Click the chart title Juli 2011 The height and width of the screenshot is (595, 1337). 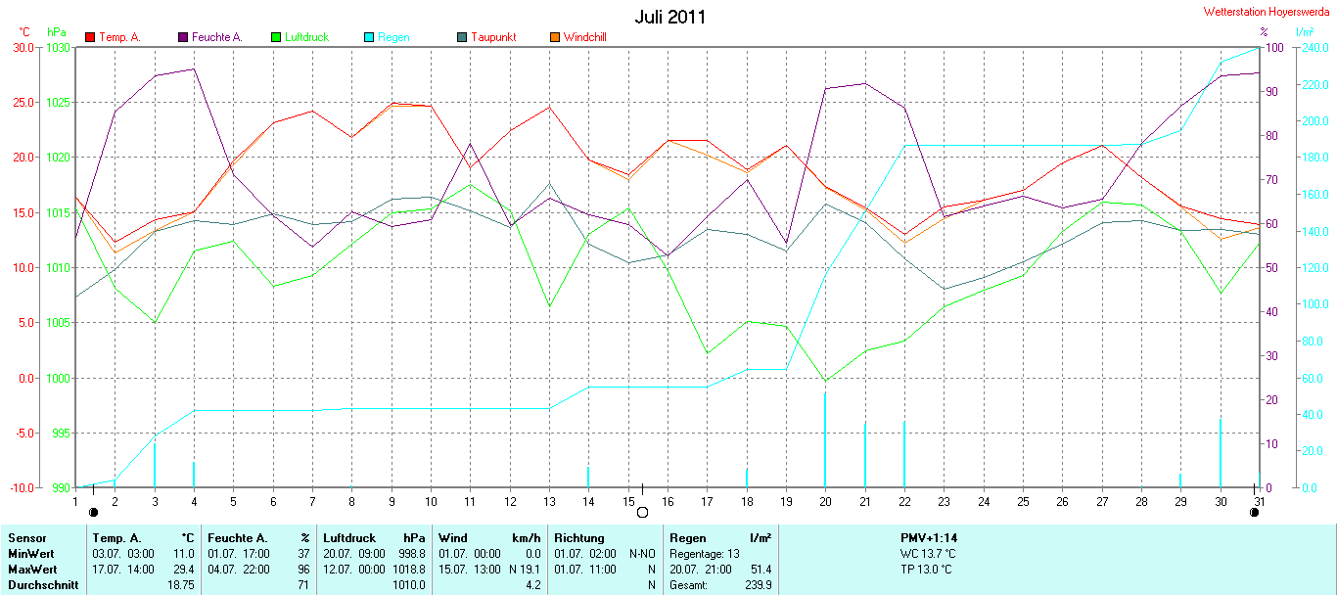(669, 17)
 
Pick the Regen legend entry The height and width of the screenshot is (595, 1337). (393, 37)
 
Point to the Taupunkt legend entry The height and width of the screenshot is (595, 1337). (492, 37)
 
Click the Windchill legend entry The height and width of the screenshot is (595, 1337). (584, 37)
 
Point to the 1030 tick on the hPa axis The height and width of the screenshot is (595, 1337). (58, 47)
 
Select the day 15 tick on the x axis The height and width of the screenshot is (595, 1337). (628, 501)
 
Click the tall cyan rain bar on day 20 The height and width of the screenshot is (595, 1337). (825, 440)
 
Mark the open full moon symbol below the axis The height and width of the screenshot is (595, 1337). (642, 512)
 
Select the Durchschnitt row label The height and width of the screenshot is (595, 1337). (43, 584)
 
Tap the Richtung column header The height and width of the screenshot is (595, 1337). (579, 537)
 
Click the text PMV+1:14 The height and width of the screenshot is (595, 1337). (928, 537)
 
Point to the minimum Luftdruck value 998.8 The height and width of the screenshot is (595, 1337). (411, 553)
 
